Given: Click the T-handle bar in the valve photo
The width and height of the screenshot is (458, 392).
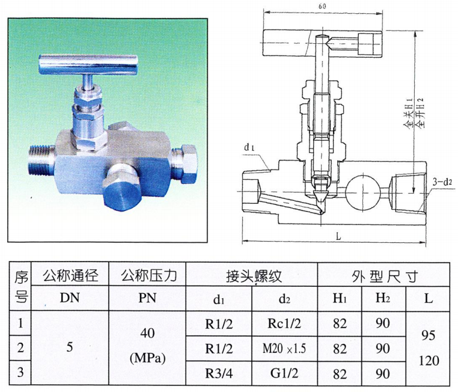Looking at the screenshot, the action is pos(89,64).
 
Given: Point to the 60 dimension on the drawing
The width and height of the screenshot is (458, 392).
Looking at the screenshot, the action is pos(323,6).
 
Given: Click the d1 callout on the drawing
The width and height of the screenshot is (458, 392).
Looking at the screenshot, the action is pos(249,147).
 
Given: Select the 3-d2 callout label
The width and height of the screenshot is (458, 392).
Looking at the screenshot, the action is pos(442,182).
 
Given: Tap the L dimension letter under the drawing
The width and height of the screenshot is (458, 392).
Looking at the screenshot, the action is pos(338,236).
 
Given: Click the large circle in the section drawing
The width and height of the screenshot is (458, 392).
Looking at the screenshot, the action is pos(363,192).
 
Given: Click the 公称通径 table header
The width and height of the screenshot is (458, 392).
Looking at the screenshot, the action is pos(70,275).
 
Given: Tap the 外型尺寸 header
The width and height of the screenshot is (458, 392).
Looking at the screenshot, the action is pos(384,275).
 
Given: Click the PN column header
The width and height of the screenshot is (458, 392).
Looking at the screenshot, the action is pos(148,298).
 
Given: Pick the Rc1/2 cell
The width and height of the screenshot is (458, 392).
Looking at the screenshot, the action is pos(284,323).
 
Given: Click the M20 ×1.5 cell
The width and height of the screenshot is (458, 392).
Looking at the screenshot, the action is pos(284,349).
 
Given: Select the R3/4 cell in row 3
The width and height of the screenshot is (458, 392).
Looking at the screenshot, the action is pos(219,373).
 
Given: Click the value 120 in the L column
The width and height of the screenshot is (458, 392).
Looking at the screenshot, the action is pos(429,361).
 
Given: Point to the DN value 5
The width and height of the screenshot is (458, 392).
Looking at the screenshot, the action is pos(70,347).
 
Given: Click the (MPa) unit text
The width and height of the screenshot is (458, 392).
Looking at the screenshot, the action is pos(147,358).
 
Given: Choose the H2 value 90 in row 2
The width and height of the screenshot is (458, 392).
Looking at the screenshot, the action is pos(383,349).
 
